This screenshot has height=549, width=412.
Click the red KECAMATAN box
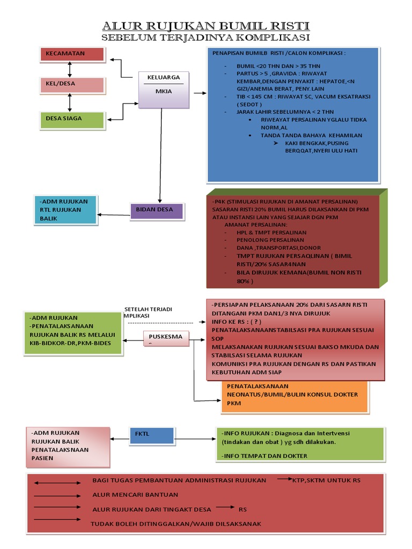[x=71, y=54]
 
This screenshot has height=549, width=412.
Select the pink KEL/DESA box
[x=71, y=85]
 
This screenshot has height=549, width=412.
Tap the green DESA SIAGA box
[x=71, y=120]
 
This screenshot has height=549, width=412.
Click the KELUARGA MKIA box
[x=164, y=88]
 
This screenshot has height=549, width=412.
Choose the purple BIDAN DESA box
[x=157, y=210]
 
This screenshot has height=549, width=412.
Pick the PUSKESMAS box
[x=165, y=338]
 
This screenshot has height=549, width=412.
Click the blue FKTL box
[x=151, y=435]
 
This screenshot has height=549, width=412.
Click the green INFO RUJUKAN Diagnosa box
[x=300, y=444]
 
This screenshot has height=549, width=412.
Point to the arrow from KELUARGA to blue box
[x=200, y=93]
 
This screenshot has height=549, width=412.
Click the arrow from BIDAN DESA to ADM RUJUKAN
[x=114, y=215]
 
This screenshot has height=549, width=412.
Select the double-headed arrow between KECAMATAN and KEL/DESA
[x=69, y=70]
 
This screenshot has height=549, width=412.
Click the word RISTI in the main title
[x=289, y=26]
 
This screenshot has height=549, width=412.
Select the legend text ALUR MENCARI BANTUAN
[x=135, y=494]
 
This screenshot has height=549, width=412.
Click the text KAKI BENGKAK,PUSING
[x=317, y=143]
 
